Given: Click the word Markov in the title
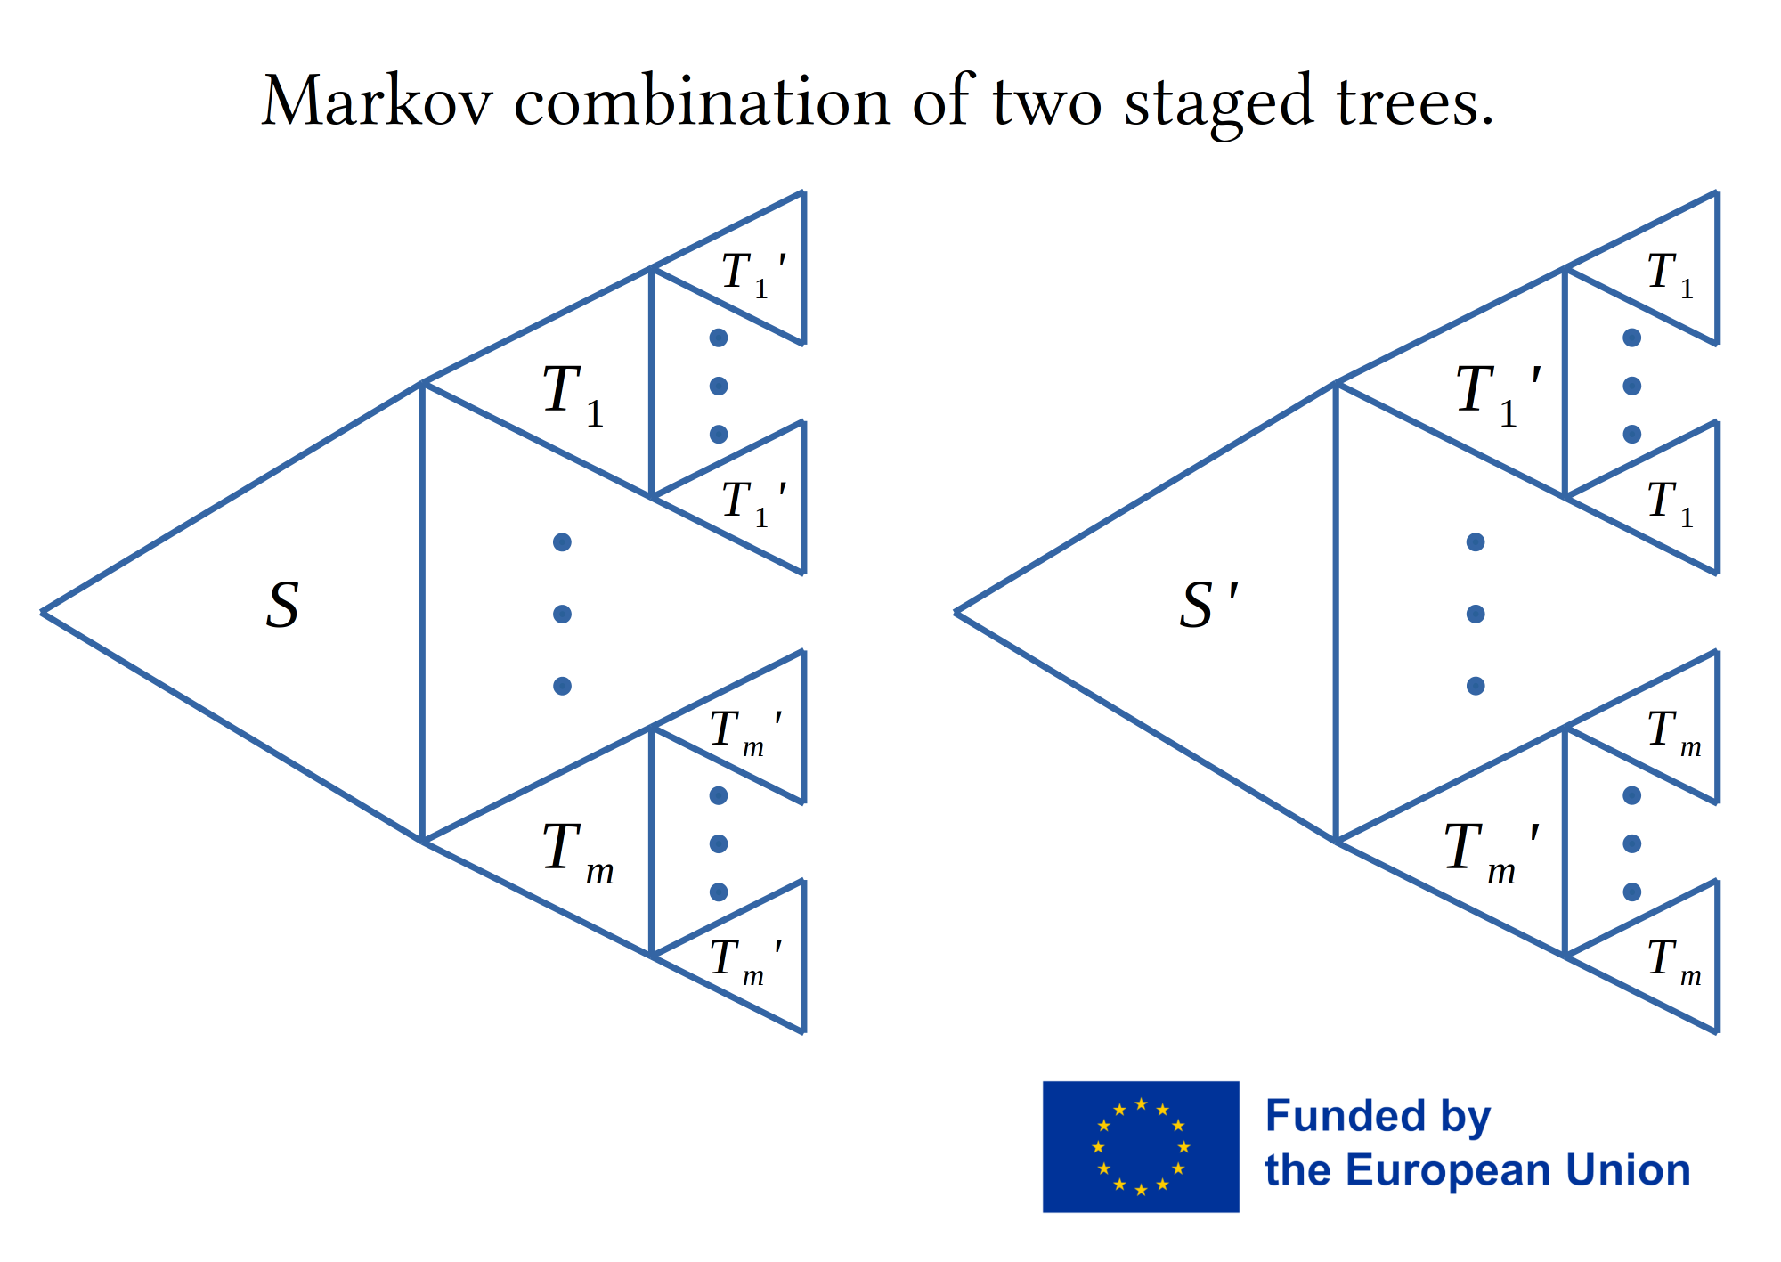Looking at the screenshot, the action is pos(377,102).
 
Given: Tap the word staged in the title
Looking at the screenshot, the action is pos(1219,105).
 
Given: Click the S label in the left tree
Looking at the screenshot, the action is pos(282,606).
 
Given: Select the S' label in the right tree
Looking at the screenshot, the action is pos(1208,606).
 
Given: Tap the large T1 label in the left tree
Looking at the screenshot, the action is pos(573,395).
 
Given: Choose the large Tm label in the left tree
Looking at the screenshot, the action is pos(578,853).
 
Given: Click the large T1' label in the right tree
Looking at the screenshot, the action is pos(1498,395).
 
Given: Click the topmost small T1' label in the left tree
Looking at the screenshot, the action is pos(753,274).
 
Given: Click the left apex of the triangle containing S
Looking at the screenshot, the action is pos(42,612).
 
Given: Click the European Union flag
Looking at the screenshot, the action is pos(1141,1146).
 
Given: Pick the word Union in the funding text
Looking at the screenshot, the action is pos(1627,1170).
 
